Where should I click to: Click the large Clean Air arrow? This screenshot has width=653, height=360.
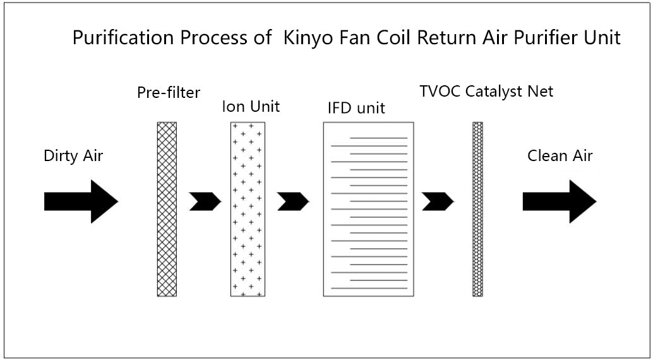point(560,201)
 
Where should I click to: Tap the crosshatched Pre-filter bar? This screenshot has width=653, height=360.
point(167,208)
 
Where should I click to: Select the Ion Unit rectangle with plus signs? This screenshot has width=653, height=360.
point(248,208)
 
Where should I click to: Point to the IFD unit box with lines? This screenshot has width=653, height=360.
point(369,208)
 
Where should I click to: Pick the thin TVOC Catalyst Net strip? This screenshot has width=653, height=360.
point(477,208)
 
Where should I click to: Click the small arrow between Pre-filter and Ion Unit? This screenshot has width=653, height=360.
point(205,201)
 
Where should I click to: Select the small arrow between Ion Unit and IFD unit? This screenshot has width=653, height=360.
point(293,201)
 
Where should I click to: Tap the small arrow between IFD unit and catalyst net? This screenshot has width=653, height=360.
point(438,201)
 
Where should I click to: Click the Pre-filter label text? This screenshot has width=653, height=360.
point(169,93)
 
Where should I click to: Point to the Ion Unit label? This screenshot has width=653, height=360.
point(251,106)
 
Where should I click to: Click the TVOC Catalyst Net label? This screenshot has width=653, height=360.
point(486,91)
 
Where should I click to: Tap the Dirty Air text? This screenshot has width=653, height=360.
point(73,156)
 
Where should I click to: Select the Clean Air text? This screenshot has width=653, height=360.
point(560,155)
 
